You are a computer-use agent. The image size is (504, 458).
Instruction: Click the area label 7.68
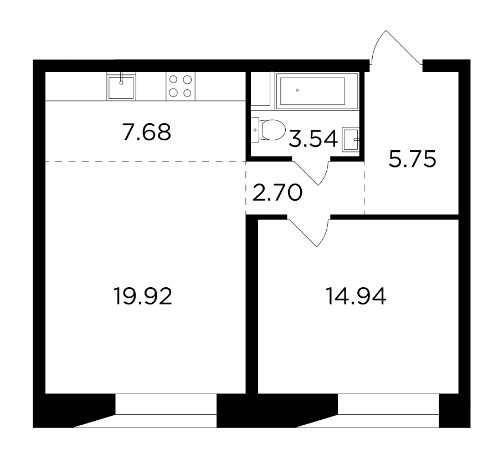pos(147,132)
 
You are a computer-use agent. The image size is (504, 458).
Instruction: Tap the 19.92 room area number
pos(143,297)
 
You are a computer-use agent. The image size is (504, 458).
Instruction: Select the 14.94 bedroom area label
pos(356,297)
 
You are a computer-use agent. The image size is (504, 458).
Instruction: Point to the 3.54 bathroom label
pos(313,139)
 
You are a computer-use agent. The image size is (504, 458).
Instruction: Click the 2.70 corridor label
pos(277,193)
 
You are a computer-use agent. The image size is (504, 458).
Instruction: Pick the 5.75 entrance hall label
pos(413,159)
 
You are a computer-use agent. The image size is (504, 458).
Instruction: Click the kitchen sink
pos(121,86)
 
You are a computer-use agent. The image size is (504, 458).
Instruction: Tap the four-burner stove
pos(181,86)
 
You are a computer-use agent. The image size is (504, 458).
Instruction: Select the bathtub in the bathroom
pos(317,91)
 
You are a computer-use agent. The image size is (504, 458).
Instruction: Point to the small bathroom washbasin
pos(351,139)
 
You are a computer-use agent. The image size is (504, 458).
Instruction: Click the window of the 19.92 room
pos(166,411)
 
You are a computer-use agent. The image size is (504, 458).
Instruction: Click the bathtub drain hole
pos(297,90)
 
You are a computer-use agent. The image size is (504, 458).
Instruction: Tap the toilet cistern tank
pos(255,130)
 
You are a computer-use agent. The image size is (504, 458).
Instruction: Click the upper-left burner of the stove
pos(173,79)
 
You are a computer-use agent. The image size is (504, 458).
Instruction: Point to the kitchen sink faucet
pos(121,78)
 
